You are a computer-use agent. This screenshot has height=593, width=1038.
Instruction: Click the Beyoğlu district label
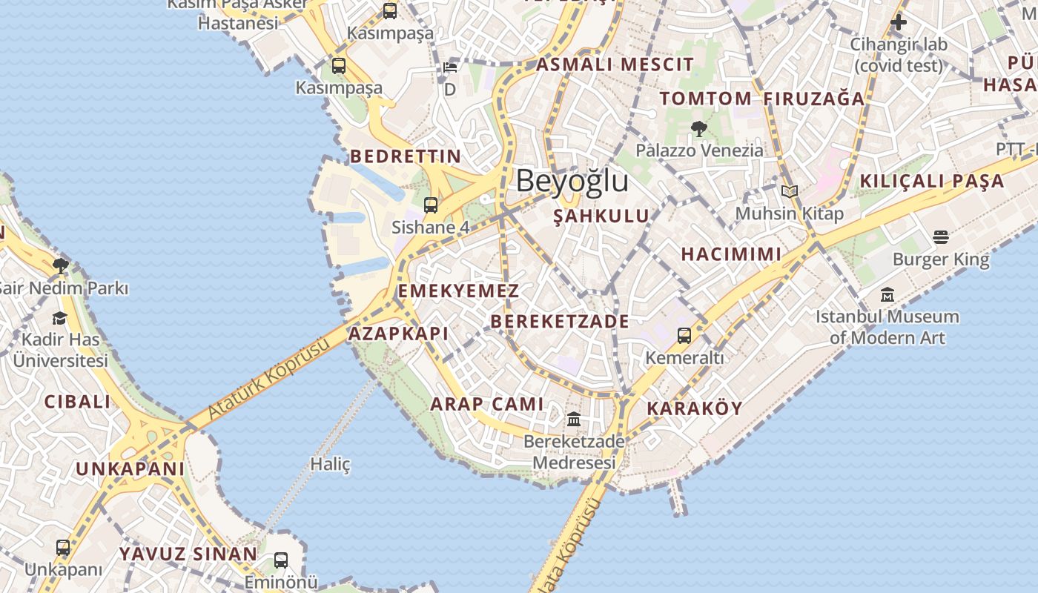click(572, 181)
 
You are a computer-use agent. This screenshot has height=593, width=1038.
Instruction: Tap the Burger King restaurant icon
click(941, 237)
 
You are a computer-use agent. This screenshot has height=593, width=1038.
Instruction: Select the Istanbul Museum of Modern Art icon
click(887, 295)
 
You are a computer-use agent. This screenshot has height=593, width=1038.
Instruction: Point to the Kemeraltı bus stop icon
click(684, 336)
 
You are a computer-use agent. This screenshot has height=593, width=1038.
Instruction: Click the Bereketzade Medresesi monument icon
click(574, 420)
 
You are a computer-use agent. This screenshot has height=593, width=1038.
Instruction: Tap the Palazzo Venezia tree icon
click(698, 129)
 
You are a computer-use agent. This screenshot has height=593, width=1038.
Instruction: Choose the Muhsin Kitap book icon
click(790, 192)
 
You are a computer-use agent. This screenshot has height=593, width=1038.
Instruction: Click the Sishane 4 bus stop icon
click(431, 205)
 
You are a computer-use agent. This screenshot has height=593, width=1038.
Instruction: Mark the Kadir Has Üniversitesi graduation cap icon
click(59, 319)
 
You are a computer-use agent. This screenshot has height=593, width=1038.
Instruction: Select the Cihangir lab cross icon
click(899, 22)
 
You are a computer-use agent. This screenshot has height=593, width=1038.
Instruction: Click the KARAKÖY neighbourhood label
click(695, 408)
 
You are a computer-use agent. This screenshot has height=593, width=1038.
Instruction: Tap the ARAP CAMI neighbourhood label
click(487, 405)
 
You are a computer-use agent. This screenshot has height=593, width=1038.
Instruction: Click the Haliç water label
click(330, 465)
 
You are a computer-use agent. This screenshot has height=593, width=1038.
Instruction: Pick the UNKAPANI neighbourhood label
click(130, 469)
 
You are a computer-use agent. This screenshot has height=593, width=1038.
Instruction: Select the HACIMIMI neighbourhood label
click(731, 254)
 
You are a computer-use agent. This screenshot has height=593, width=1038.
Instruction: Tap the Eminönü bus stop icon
click(281, 560)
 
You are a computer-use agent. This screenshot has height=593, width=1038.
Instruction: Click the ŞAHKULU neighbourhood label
click(601, 216)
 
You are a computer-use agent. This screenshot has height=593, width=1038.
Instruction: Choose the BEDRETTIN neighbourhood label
click(406, 156)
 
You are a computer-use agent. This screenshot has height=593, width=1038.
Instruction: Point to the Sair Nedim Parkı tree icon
click(61, 265)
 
